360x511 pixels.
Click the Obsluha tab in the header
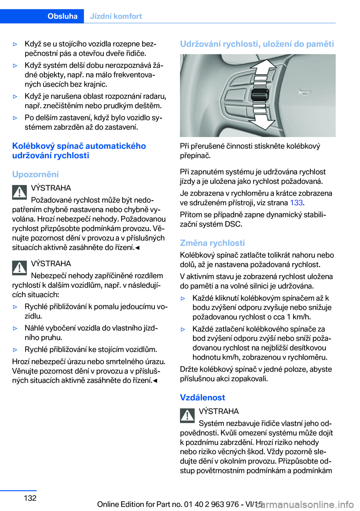point(62,16)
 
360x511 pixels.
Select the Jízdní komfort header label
point(116,16)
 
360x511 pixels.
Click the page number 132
point(30,498)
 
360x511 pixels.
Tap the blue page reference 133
point(296,203)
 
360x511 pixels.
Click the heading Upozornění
point(35,174)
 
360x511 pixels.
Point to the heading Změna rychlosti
point(212,243)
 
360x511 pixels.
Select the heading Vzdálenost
point(202,397)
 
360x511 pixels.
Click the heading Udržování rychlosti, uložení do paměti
point(257,44)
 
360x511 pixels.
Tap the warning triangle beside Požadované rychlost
point(19,192)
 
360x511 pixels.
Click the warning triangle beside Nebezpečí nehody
point(19,268)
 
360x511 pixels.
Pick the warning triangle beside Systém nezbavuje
point(187,415)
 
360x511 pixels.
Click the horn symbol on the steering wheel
point(304,92)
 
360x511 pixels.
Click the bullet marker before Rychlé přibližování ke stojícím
point(15,350)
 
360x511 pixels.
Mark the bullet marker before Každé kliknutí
point(183,299)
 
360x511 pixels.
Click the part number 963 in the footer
point(217,504)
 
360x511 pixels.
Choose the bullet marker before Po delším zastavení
point(15,118)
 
